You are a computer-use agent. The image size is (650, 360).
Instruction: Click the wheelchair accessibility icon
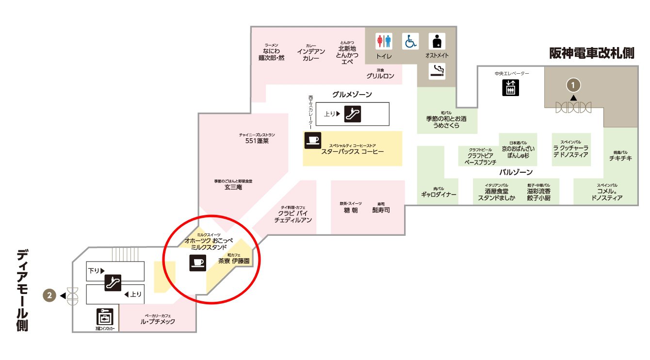click(x=410, y=41)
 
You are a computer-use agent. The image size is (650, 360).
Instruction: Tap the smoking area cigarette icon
click(x=437, y=72)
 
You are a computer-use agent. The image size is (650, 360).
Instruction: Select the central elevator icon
click(x=510, y=87)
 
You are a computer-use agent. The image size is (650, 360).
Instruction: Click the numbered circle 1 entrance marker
click(x=573, y=85)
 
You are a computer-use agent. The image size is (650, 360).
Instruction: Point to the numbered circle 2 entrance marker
click(x=49, y=295)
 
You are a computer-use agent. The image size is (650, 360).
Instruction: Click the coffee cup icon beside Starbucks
click(x=312, y=140)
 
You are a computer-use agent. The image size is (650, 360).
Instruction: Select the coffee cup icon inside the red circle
click(x=197, y=263)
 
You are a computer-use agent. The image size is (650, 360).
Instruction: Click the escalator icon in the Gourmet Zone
click(x=352, y=114)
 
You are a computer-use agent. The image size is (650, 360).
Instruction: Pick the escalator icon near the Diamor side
click(x=113, y=282)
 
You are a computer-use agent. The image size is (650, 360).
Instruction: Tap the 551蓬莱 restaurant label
click(x=257, y=141)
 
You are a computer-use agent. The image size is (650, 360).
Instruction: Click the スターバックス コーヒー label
click(x=352, y=152)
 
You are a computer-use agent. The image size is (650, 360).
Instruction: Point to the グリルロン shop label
click(x=380, y=76)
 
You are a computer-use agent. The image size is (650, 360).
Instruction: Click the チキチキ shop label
click(x=621, y=158)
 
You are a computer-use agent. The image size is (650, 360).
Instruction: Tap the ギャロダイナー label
click(x=439, y=195)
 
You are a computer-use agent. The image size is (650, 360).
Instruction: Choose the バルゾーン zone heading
click(x=516, y=172)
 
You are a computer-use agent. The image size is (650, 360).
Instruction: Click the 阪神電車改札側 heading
click(x=592, y=53)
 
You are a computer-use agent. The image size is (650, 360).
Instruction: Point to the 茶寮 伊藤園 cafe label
click(x=233, y=261)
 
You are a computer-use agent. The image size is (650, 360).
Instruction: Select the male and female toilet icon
click(x=384, y=41)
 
